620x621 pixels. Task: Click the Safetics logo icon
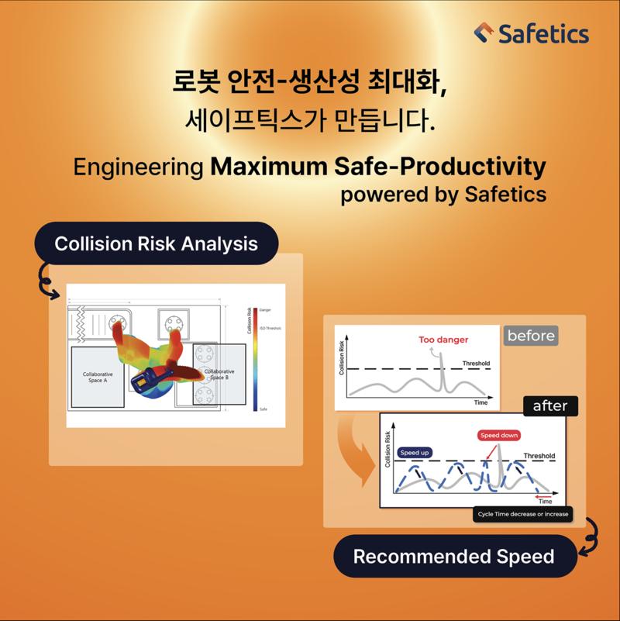point(484,33)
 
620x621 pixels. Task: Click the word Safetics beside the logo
point(542,34)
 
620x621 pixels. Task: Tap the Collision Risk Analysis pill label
point(156,243)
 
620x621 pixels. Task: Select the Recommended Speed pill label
point(453,556)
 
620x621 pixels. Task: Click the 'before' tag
point(531,336)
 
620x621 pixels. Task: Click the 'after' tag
point(549,405)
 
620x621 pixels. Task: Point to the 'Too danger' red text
point(443,340)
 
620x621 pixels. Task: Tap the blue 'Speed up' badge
point(415,453)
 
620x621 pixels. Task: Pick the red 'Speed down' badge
point(499,436)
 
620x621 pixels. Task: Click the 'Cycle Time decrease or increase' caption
point(522,514)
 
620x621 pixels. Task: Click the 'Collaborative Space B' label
point(219,375)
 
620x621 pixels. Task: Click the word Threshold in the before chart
point(475,363)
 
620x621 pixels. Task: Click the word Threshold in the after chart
point(539,456)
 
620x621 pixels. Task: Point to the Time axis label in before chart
point(481,403)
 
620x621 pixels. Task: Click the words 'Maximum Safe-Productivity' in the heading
point(377,166)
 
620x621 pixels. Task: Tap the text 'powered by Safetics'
point(443,194)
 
